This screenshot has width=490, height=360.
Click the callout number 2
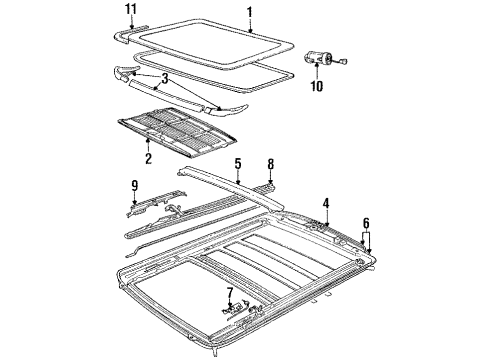147,157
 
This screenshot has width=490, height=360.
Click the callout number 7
229,294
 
